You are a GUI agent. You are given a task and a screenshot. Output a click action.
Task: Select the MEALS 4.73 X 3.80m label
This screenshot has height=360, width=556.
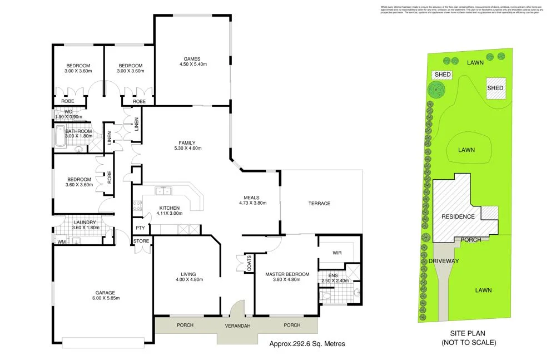[252, 200]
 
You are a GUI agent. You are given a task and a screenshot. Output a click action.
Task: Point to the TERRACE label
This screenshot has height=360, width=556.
[320, 204]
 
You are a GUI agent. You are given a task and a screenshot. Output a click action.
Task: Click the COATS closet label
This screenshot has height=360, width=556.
[247, 264]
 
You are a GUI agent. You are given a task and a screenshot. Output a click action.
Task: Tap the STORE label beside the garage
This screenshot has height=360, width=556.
[141, 241]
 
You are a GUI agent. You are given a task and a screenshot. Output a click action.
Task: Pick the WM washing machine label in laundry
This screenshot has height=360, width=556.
[61, 241]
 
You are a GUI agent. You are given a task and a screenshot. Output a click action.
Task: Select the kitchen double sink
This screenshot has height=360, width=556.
[163, 191]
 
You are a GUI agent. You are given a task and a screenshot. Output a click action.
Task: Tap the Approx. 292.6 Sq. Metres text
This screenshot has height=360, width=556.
[307, 344]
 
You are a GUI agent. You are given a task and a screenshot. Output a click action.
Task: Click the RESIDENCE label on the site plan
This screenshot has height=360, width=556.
[458, 216]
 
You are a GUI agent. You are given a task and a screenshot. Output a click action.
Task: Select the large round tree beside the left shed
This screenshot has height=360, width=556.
[436, 89]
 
